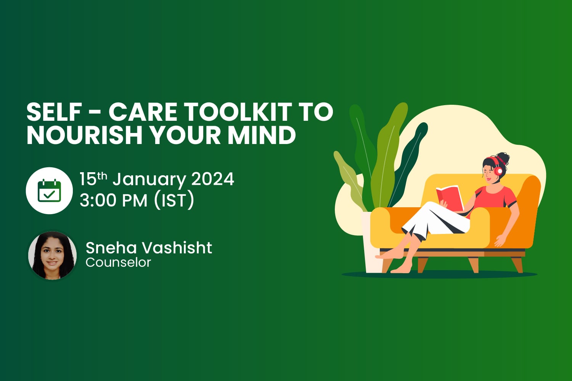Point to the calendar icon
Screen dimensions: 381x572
[49, 190]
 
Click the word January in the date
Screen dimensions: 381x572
[149, 179]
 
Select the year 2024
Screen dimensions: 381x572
[212, 179]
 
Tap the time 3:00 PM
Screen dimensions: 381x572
[113, 200]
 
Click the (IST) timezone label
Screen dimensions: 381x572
[174, 200]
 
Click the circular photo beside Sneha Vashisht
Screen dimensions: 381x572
[52, 255]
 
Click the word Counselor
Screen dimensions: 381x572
[118, 263]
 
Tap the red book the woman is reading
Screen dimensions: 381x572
[450, 196]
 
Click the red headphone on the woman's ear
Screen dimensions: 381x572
[498, 171]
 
